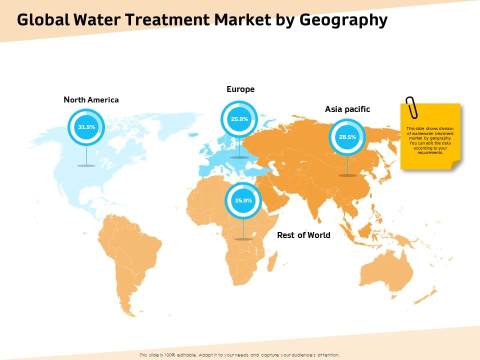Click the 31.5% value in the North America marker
click(x=86, y=127)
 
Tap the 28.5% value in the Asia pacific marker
click(x=347, y=137)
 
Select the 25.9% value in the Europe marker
click(x=239, y=119)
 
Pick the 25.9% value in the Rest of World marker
click(x=243, y=200)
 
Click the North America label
click(x=91, y=100)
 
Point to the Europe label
click(x=240, y=89)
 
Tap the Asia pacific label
click(x=347, y=109)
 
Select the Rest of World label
click(x=303, y=235)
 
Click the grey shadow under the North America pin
click(x=86, y=165)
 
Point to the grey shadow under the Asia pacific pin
click(x=347, y=175)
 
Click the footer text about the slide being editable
click(x=240, y=354)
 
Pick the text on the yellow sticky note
click(x=430, y=140)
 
